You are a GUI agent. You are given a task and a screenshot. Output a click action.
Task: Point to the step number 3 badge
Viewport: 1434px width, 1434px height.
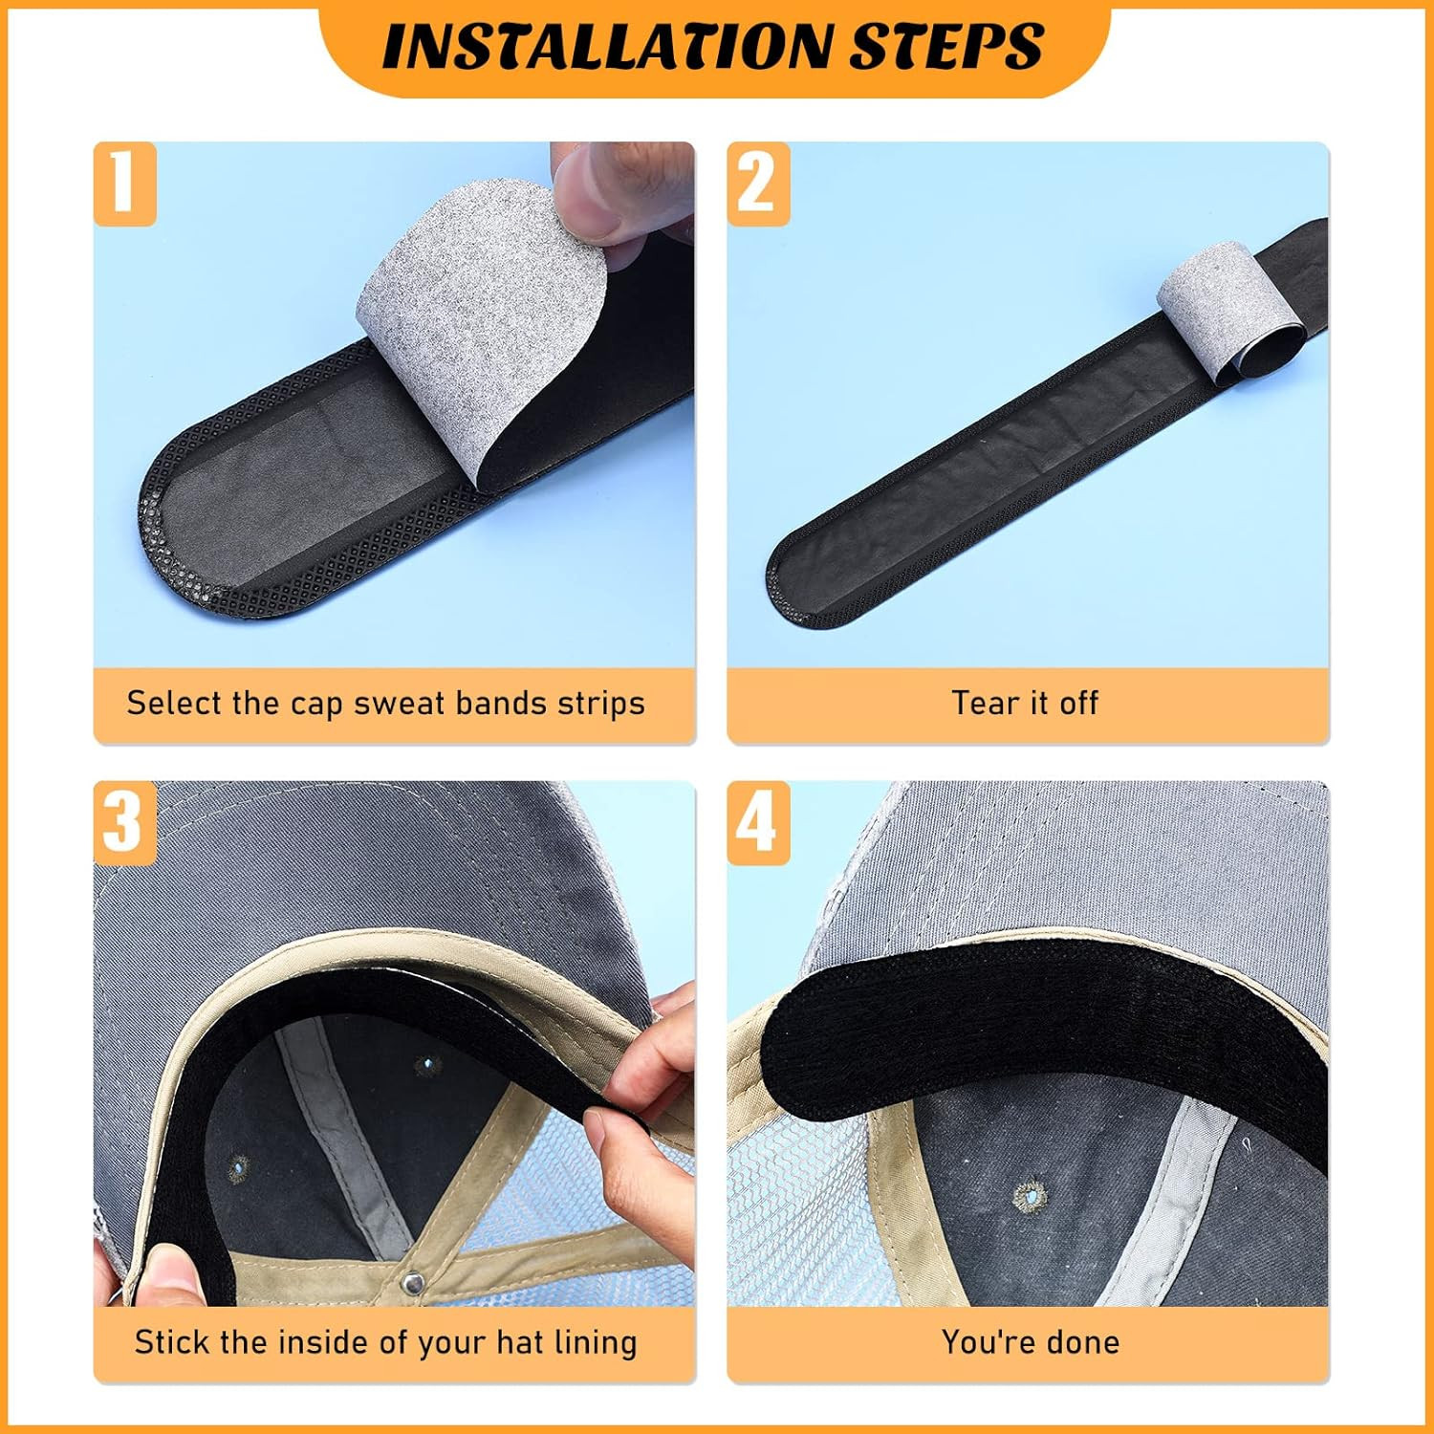pyautogui.click(x=124, y=822)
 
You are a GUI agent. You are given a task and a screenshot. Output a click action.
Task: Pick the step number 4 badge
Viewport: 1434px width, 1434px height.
pyautogui.click(x=758, y=822)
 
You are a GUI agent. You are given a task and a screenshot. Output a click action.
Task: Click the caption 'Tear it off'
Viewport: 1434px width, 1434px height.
pyautogui.click(x=1025, y=703)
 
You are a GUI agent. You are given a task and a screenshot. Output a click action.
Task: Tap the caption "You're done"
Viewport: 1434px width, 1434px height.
pyautogui.click(x=1031, y=1341)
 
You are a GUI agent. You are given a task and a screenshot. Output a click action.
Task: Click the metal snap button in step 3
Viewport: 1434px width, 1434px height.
pyautogui.click(x=413, y=1284)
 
